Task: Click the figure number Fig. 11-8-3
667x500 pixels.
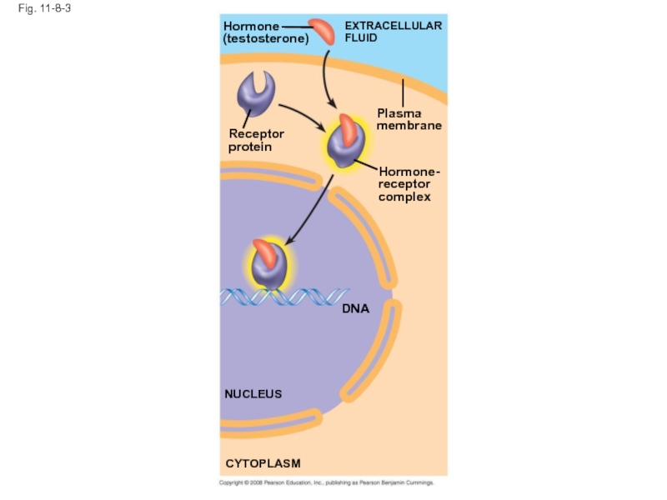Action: point(44,8)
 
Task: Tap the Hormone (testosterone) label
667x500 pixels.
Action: point(266,32)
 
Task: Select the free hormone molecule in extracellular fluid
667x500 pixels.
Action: point(322,31)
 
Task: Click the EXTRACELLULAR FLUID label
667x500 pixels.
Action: point(393,32)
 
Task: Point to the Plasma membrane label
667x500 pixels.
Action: point(409,119)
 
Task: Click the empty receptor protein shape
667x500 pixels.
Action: point(256,93)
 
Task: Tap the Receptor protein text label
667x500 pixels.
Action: point(256,140)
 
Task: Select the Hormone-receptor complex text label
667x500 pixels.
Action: point(409,184)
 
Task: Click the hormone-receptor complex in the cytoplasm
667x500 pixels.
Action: point(346,142)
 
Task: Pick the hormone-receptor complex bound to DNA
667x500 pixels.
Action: point(269,264)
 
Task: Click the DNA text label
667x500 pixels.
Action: point(356,308)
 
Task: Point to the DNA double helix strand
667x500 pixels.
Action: point(284,297)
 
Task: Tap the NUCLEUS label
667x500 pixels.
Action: point(253,394)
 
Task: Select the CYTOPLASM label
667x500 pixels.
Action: point(263,463)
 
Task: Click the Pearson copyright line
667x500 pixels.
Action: point(326,482)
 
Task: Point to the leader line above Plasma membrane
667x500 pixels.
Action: point(403,92)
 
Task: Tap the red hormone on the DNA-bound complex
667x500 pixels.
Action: point(265,253)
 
